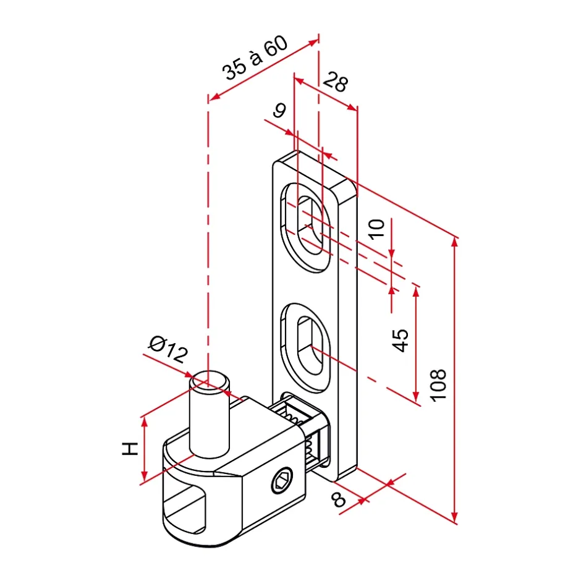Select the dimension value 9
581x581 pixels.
(279, 111)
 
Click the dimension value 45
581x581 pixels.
(401, 339)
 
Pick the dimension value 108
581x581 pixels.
(438, 384)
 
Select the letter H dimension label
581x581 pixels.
(129, 449)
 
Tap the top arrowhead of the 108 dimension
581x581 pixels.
(456, 242)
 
